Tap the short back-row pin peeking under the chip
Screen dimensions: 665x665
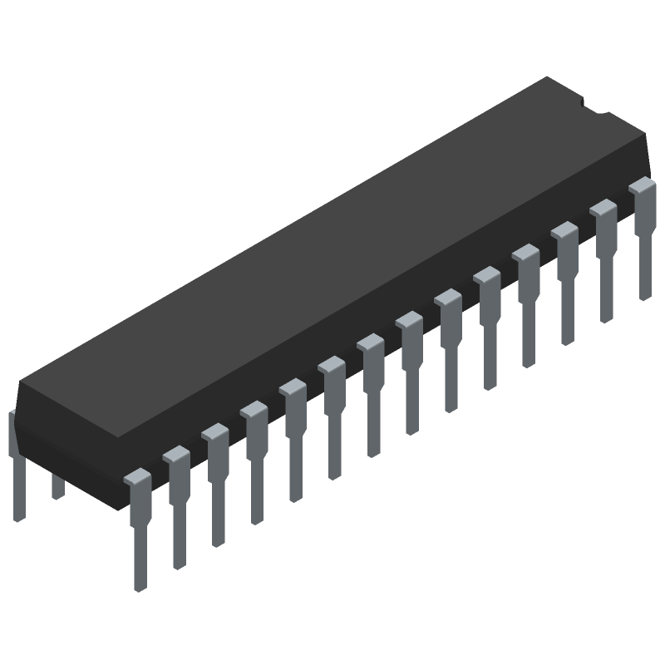pyautogui.click(x=57, y=486)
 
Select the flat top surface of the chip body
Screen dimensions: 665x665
pyautogui.click(x=332, y=249)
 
